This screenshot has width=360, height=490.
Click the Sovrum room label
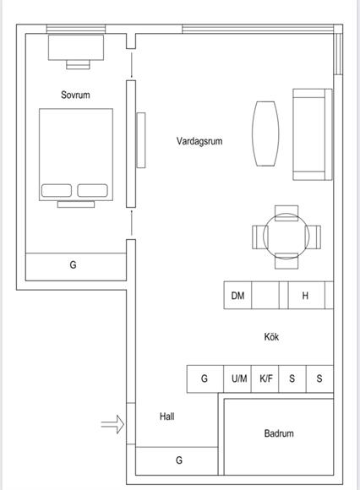tap(75, 95)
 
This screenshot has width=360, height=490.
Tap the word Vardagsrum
tap(199, 141)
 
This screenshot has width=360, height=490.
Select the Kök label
tap(271, 337)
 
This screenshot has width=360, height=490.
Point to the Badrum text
tap(279, 433)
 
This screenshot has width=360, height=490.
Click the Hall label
tap(166, 416)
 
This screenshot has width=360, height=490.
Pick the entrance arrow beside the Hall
tap(112, 424)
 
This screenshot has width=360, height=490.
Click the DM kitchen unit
tap(237, 296)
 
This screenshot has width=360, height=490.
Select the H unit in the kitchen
tap(306, 296)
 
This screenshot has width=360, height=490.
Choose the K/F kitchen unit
tap(265, 378)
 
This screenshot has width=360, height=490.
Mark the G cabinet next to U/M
tap(205, 378)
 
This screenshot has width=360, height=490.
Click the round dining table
tap(286, 237)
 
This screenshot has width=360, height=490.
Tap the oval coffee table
tap(265, 133)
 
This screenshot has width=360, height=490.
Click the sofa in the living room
tap(313, 134)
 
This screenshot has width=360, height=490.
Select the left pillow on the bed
tap(57, 190)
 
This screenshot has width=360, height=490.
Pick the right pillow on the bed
tap(92, 190)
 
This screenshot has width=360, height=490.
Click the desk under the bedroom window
tap(76, 47)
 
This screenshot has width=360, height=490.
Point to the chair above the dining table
tap(286, 213)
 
